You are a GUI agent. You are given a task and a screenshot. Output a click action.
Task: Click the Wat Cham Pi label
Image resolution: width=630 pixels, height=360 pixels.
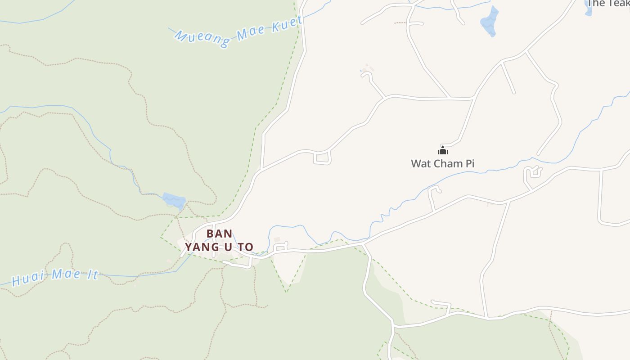[x=442, y=163]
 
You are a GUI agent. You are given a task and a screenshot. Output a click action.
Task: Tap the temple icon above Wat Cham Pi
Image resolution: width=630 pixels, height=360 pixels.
[x=443, y=151]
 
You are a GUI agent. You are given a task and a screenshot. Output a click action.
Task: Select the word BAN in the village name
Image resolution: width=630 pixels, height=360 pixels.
[x=219, y=234]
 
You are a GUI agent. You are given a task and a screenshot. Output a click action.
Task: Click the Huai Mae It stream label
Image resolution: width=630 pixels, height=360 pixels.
[x=55, y=276]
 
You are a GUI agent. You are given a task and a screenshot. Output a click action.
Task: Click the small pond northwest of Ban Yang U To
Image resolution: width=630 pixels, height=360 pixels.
[x=174, y=200]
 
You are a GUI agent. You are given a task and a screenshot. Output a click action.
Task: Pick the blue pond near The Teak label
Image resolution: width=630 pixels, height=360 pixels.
[x=490, y=22]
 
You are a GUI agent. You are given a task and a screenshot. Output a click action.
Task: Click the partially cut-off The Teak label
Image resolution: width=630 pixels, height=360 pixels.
[x=608, y=4]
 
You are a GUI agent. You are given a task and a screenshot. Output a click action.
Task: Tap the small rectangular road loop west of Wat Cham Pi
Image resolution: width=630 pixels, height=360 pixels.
[x=322, y=158]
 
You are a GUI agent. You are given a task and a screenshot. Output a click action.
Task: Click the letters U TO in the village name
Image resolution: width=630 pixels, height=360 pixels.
[x=237, y=247]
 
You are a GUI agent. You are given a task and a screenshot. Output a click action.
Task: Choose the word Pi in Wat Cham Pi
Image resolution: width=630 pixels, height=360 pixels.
[x=470, y=163]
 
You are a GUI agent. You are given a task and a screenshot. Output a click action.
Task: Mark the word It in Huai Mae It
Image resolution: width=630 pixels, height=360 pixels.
[x=91, y=274]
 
